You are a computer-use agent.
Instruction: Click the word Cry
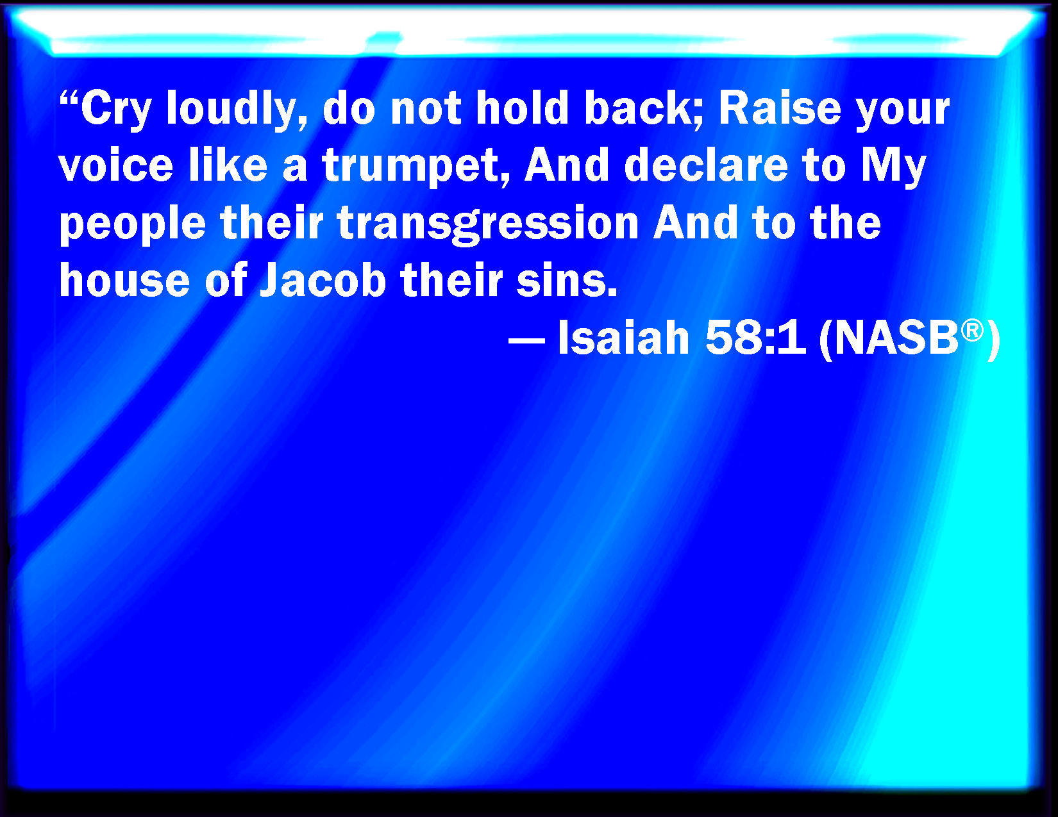[x=116, y=109]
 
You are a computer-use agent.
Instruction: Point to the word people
[x=132, y=224]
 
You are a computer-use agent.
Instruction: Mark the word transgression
[x=487, y=224]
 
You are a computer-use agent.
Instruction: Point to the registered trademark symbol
[x=972, y=329]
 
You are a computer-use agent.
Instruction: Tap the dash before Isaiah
[x=526, y=339]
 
